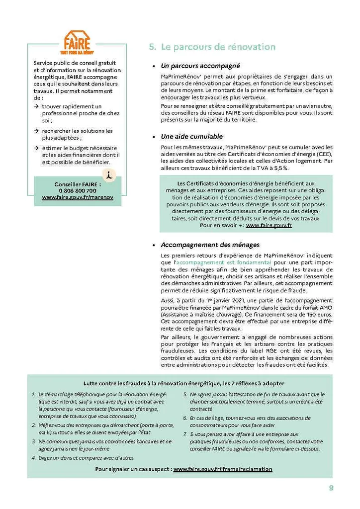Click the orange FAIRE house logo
coord(77,42)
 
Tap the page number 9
coord(331,488)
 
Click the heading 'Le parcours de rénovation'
coord(218,47)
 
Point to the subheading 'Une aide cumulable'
coord(191,136)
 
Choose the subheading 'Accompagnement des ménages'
coord(210,245)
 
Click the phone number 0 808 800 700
coord(77,190)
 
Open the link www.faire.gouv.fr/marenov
coord(77,197)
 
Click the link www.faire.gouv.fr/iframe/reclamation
coord(223,469)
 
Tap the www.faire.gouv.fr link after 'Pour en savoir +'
coord(269,225)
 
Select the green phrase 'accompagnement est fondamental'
coord(224,261)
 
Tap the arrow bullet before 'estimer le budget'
coord(36,148)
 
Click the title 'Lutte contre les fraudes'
coord(183,383)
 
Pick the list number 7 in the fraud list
coord(184,434)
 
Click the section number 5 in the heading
coord(152,47)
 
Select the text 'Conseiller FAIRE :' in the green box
coord(77,184)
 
